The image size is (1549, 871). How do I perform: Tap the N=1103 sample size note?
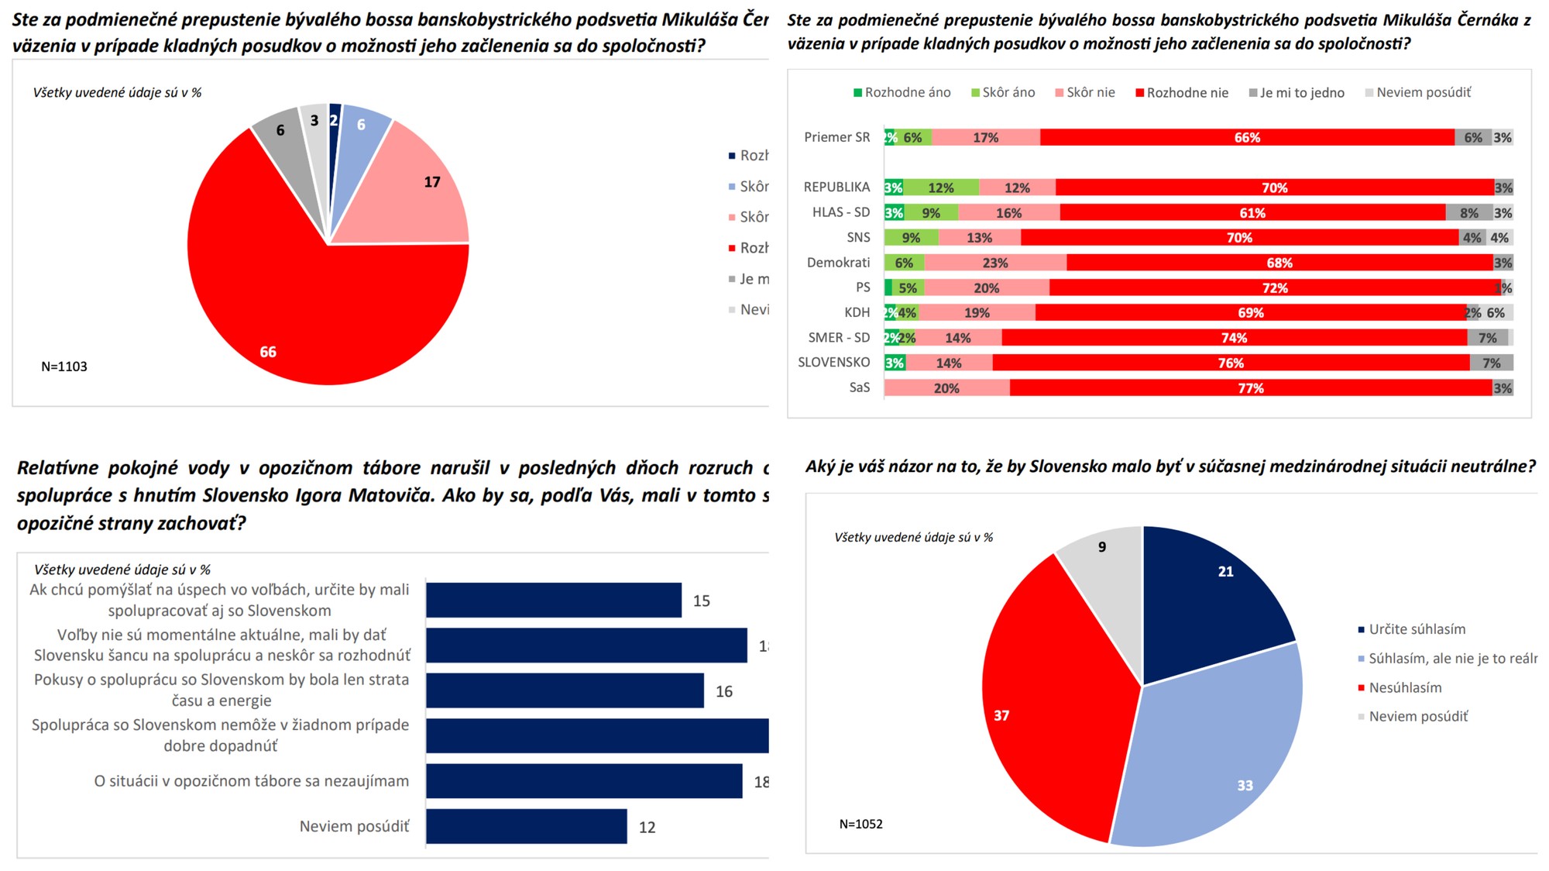pos(64,367)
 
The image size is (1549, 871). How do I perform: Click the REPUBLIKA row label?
pos(836,187)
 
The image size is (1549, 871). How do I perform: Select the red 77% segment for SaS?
pos(1250,387)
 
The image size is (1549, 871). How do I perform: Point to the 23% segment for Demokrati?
pos(995,263)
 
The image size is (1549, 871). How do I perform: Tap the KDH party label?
pos(857,312)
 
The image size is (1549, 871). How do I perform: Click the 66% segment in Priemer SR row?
pos(1247,137)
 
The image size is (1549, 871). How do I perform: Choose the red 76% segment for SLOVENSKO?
pos(1231,363)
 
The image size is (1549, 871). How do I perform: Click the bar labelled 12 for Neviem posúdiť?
pos(527,826)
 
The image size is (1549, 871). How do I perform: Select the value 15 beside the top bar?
pos(701,601)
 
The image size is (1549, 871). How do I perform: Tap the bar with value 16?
pos(565,690)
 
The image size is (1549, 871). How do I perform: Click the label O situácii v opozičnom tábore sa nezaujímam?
pos(252,781)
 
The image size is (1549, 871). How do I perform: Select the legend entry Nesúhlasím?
pos(1405,687)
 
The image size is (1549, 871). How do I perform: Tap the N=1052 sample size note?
pos(860,824)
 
